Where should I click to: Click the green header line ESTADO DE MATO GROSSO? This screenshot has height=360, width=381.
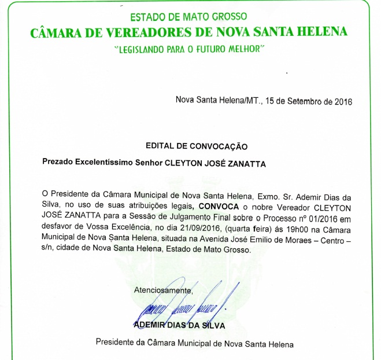coord(189,17)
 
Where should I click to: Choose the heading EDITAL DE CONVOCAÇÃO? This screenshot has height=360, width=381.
coord(197,147)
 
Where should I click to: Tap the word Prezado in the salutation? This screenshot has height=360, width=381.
coord(58,163)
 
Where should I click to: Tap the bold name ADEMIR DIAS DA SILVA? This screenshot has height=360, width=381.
coord(179,325)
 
